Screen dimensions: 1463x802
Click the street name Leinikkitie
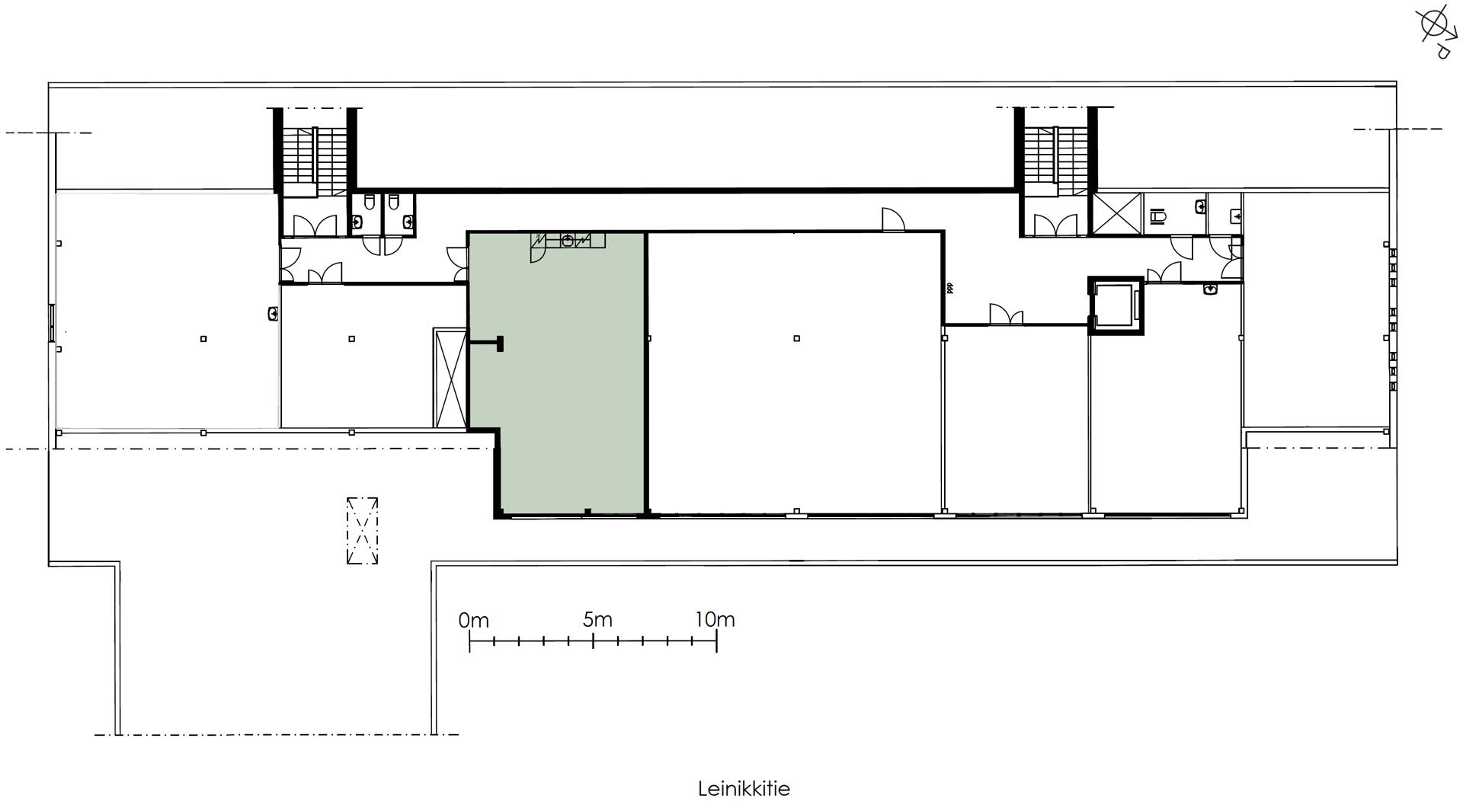click(x=744, y=788)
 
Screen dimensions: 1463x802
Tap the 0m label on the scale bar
click(x=473, y=621)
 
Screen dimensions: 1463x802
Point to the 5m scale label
click(x=597, y=620)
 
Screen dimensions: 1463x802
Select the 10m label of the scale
click(x=715, y=620)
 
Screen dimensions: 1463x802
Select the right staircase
click(x=1055, y=160)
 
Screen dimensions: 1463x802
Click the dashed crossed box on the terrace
click(x=362, y=531)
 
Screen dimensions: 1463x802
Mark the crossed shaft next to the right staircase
click(x=1116, y=213)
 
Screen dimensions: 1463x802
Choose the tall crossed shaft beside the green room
click(x=450, y=378)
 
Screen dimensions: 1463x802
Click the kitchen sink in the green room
click(x=568, y=241)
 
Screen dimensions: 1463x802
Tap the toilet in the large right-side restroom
click(x=1159, y=216)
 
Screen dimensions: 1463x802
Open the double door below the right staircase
click(x=1055, y=225)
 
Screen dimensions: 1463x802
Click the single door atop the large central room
click(x=893, y=219)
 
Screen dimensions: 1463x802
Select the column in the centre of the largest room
click(x=796, y=338)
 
